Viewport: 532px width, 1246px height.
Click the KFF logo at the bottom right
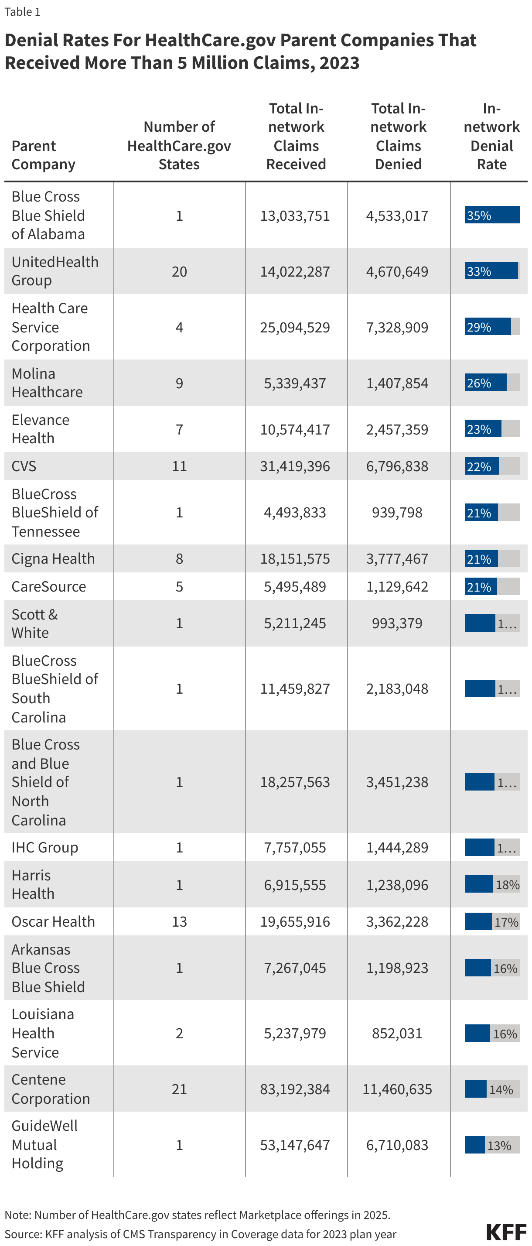pyautogui.click(x=505, y=1232)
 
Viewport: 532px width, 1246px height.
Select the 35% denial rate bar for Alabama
pyautogui.click(x=491, y=215)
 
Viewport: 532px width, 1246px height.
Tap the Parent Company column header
pyautogui.click(x=43, y=155)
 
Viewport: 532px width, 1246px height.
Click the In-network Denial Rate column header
pyautogui.click(x=491, y=137)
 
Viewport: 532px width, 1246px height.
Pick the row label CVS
pyautogui.click(x=24, y=466)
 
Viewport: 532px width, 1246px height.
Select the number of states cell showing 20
pyautogui.click(x=179, y=271)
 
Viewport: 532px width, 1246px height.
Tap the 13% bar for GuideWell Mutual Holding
pyautogui.click(x=491, y=1145)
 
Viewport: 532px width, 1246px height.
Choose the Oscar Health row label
pyautogui.click(x=53, y=921)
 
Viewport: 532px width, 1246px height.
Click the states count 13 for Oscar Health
pyautogui.click(x=179, y=921)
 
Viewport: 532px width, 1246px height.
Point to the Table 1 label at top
pyautogui.click(x=22, y=12)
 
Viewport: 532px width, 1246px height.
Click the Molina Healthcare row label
pyautogui.click(x=47, y=383)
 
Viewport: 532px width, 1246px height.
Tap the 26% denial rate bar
pyautogui.click(x=491, y=383)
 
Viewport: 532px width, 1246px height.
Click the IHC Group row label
pyautogui.click(x=44, y=847)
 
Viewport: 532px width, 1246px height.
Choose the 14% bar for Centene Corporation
pyautogui.click(x=491, y=1089)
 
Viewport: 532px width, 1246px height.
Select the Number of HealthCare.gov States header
pyautogui.click(x=179, y=146)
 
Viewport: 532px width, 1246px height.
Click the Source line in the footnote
pyautogui.click(x=200, y=1234)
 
